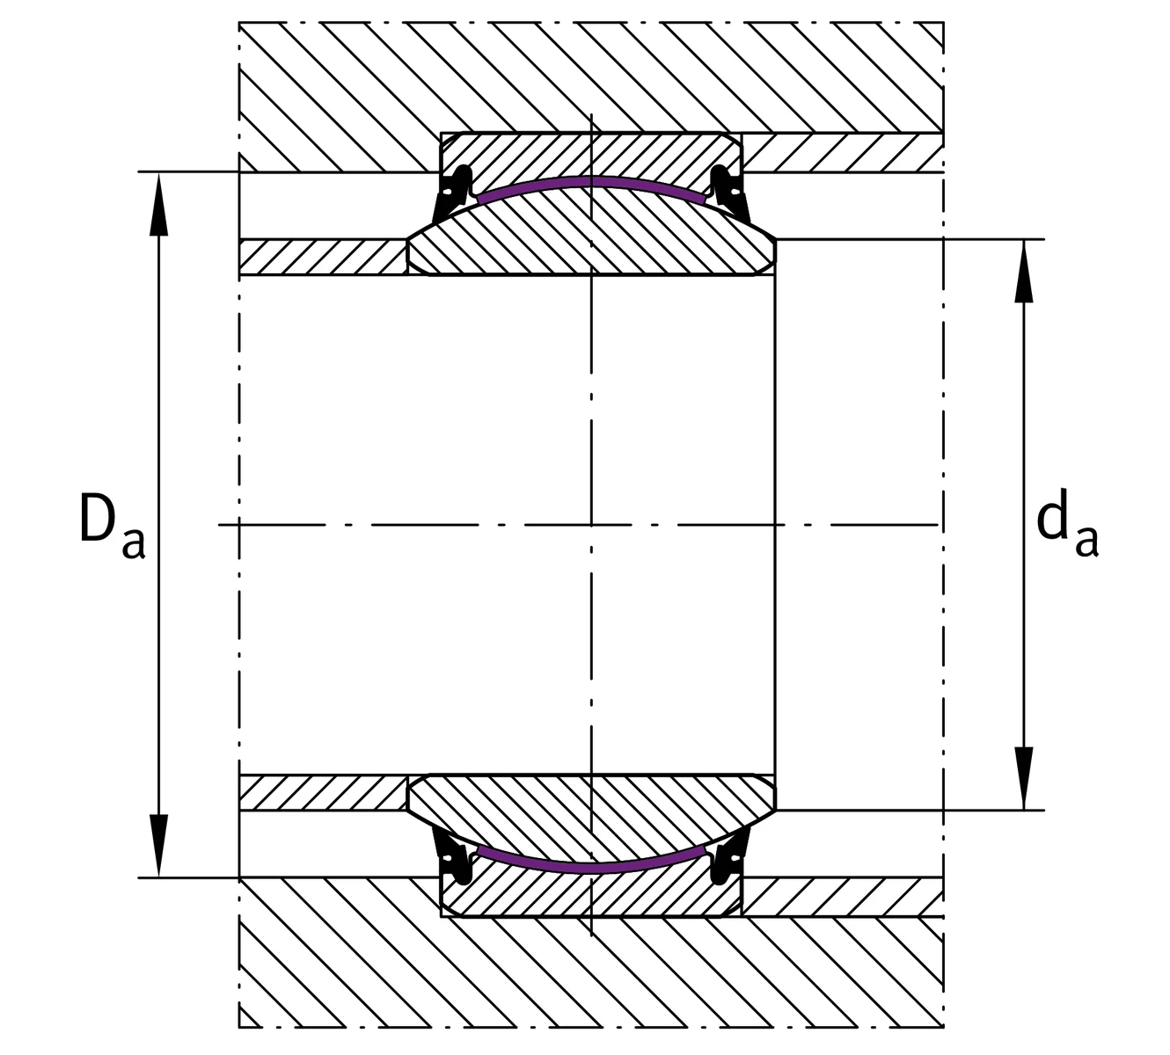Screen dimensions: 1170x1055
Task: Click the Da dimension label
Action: point(112,526)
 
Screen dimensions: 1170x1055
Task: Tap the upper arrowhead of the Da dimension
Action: point(158,203)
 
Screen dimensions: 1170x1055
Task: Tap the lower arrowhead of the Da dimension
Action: point(158,845)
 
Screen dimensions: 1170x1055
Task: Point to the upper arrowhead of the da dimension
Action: point(1024,271)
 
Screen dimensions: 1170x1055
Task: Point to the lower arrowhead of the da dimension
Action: point(1024,779)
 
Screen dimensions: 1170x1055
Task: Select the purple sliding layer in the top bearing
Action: point(591,182)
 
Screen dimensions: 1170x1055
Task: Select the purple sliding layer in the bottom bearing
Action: point(591,868)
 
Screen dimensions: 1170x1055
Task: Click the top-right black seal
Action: point(729,193)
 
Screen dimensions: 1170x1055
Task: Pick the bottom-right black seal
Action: point(729,857)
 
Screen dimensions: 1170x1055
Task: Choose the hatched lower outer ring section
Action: point(591,898)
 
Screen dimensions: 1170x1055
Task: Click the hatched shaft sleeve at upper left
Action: point(323,257)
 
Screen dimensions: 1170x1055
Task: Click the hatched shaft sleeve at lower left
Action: point(323,793)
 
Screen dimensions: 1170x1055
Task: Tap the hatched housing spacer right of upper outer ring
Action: point(843,153)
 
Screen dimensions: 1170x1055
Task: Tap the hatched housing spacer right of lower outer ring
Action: point(843,897)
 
